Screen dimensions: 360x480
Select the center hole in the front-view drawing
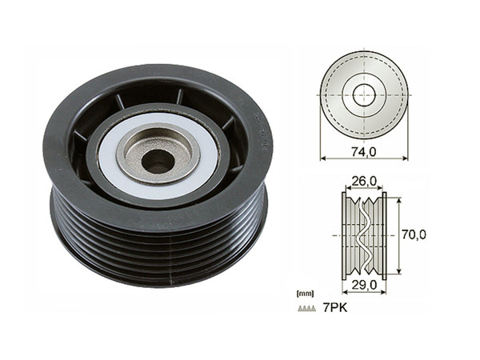click(364, 92)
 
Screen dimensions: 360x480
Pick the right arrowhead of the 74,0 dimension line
click(406, 158)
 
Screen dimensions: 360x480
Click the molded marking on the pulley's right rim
click(261, 136)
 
